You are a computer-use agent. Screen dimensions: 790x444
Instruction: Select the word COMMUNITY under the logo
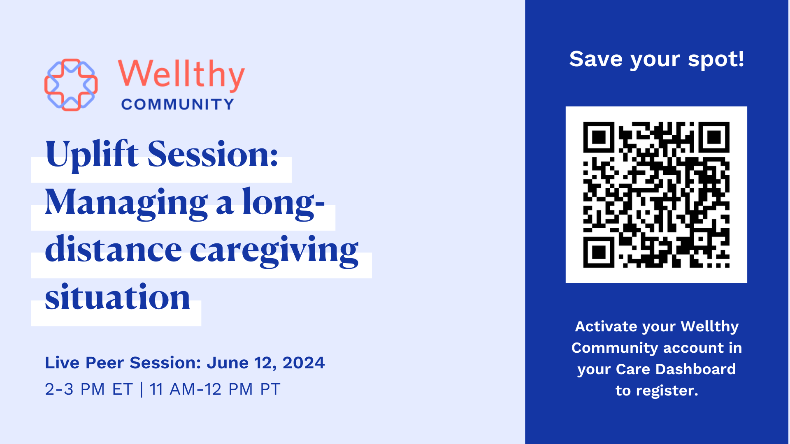pos(177,104)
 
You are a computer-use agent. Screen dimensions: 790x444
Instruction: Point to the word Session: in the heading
pos(213,154)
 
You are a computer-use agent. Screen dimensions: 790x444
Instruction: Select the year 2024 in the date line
pos(304,363)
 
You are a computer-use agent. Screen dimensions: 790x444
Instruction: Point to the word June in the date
pos(228,363)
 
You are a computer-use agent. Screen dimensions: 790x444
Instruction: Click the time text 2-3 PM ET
pos(89,389)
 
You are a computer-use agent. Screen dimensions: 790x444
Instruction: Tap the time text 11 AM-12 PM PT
pos(215,389)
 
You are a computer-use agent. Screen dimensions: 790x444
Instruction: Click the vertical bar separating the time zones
pos(142,389)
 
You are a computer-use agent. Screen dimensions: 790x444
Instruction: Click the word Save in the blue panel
pos(596,59)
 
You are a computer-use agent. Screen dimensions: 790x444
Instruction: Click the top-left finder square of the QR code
pos(599,137)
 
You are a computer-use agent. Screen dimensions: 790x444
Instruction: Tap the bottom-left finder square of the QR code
pos(599,252)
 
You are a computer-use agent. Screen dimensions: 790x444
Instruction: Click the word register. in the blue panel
pos(667,391)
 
